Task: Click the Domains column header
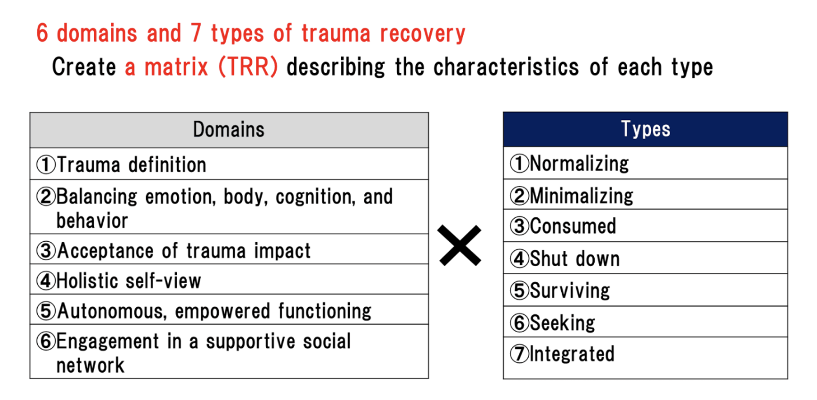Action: pos(229,130)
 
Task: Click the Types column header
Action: pos(646,129)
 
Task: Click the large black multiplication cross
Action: pos(460,246)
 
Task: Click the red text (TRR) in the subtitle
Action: pos(248,67)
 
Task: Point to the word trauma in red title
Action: pos(336,34)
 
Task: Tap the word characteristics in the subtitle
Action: pos(506,67)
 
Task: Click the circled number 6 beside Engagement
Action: pos(46,341)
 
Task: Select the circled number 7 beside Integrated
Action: pos(519,354)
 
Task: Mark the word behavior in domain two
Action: pos(92,221)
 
